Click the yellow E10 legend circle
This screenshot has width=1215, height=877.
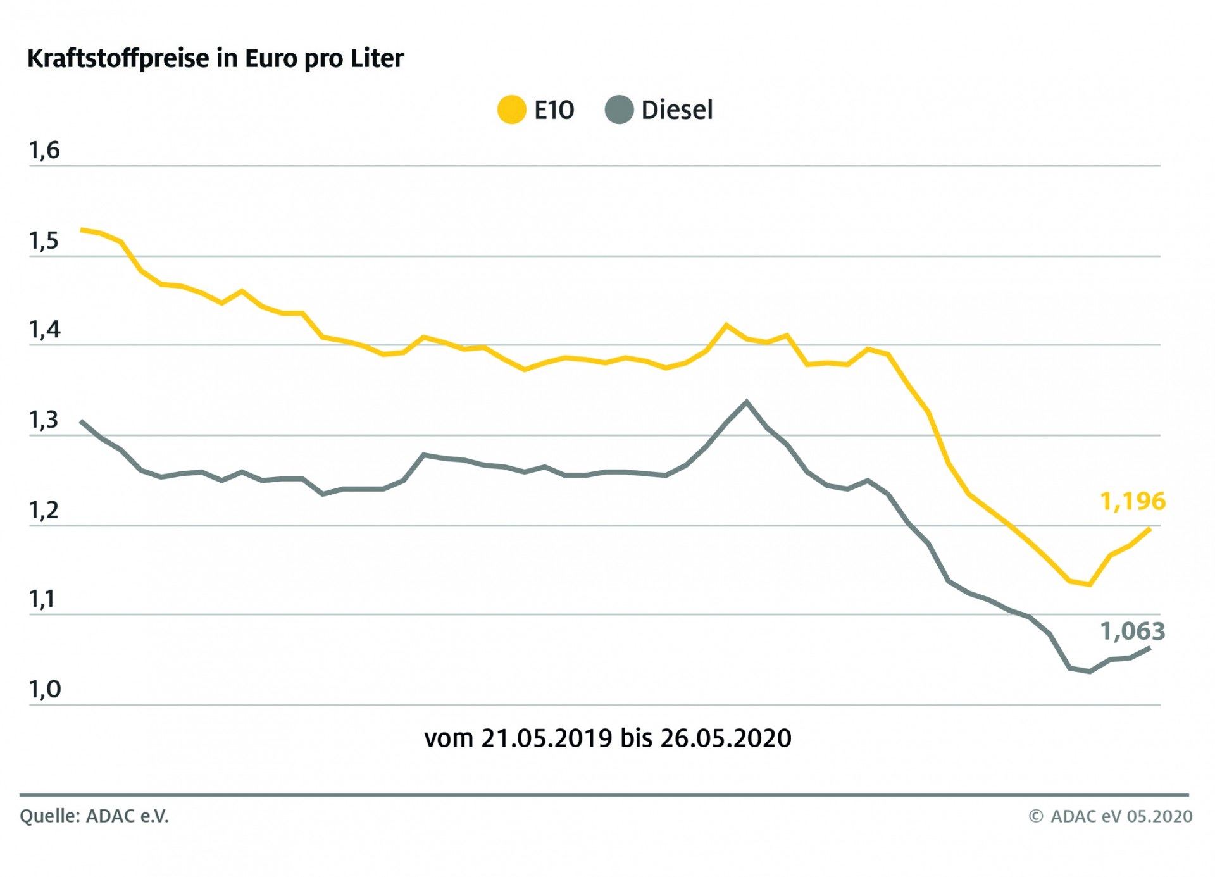(x=511, y=109)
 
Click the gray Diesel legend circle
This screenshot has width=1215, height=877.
(x=619, y=109)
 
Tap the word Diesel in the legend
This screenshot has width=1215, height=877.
(x=676, y=110)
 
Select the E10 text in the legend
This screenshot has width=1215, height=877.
(x=554, y=110)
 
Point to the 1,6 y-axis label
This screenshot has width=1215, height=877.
(x=44, y=151)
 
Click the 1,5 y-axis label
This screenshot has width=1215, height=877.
(x=44, y=241)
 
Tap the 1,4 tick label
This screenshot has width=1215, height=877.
(x=44, y=330)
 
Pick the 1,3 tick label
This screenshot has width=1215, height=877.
(x=44, y=420)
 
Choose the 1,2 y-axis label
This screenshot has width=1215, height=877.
(x=44, y=510)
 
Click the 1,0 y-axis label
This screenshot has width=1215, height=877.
(x=44, y=689)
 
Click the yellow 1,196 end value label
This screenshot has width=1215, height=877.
(x=1132, y=501)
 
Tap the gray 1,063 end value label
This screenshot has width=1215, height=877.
(x=1132, y=631)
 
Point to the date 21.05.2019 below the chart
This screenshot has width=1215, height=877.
(x=546, y=738)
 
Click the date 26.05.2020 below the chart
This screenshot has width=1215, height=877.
(x=725, y=738)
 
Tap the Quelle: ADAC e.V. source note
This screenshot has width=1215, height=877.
(x=94, y=816)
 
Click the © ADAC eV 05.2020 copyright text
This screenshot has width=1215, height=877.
(x=1110, y=816)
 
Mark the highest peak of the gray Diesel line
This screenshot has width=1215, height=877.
(x=747, y=401)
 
